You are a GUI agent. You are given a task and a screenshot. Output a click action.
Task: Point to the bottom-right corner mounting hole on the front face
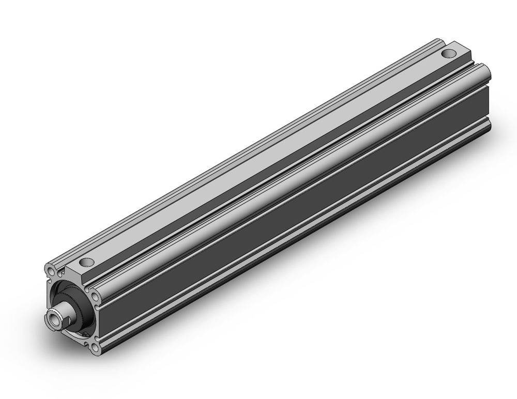[x=95, y=348]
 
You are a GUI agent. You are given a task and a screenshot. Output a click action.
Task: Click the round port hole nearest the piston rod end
[x=86, y=262]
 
